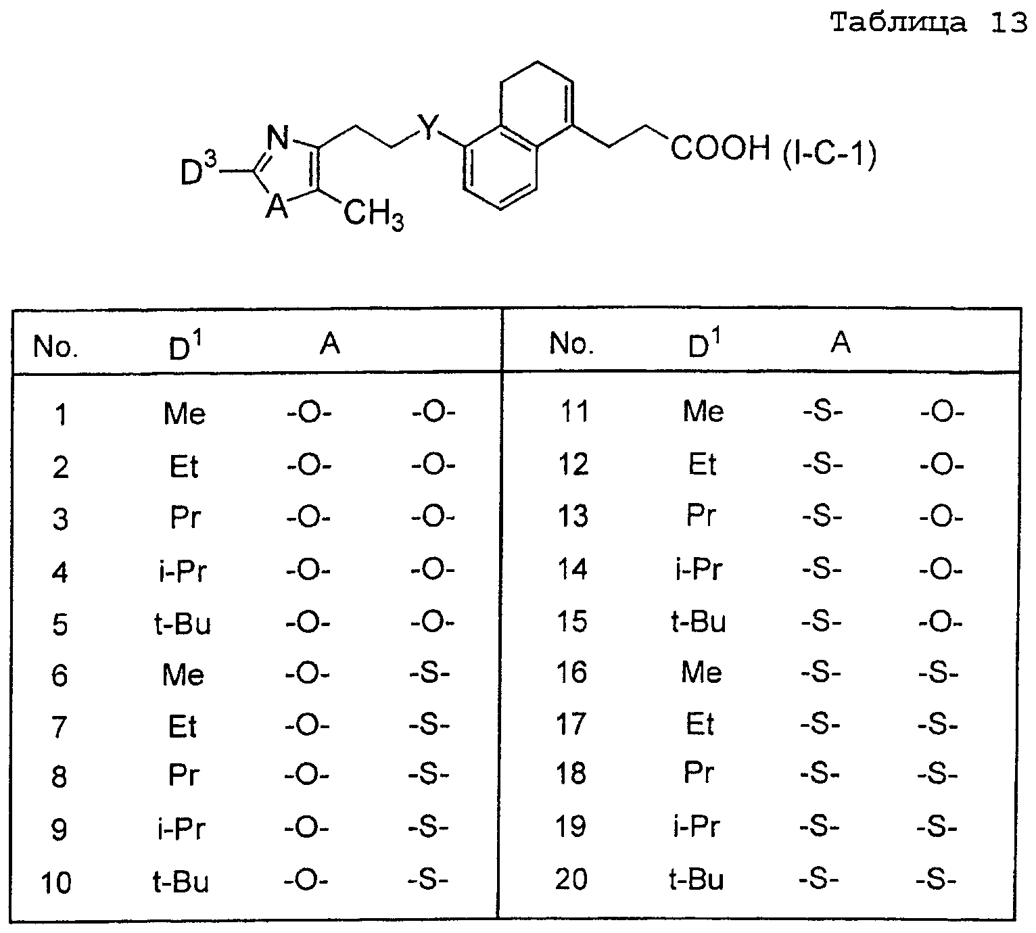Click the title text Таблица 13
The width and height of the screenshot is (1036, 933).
click(x=928, y=23)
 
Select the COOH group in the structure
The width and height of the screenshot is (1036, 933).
click(x=720, y=148)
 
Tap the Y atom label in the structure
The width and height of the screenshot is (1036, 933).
click(x=428, y=128)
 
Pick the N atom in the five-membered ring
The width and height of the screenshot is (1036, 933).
click(x=279, y=138)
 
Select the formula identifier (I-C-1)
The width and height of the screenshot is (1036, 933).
click(x=830, y=154)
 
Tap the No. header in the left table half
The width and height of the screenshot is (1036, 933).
click(x=55, y=346)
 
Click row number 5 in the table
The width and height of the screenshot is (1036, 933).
click(x=60, y=624)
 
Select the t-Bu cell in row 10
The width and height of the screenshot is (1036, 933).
click(x=181, y=882)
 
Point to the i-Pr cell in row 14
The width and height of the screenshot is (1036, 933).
click(x=699, y=569)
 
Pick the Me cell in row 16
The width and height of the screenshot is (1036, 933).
click(x=701, y=672)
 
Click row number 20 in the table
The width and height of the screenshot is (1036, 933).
click(x=571, y=879)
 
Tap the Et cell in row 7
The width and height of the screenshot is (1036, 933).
click(x=183, y=727)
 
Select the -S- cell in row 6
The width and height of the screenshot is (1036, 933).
click(x=429, y=674)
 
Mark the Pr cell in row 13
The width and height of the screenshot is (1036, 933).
click(x=701, y=516)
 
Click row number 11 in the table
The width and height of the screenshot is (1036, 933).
click(x=574, y=412)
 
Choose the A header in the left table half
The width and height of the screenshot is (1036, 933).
click(x=330, y=343)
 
